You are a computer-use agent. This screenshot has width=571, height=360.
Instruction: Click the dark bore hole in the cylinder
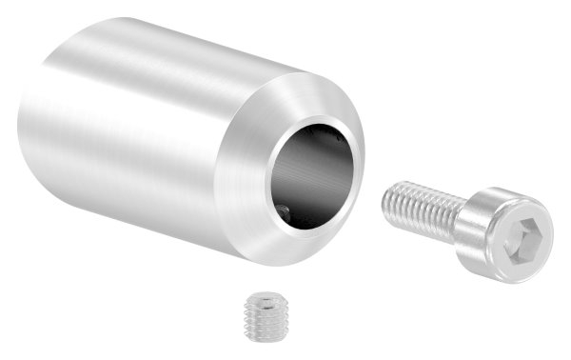click(x=314, y=171)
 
